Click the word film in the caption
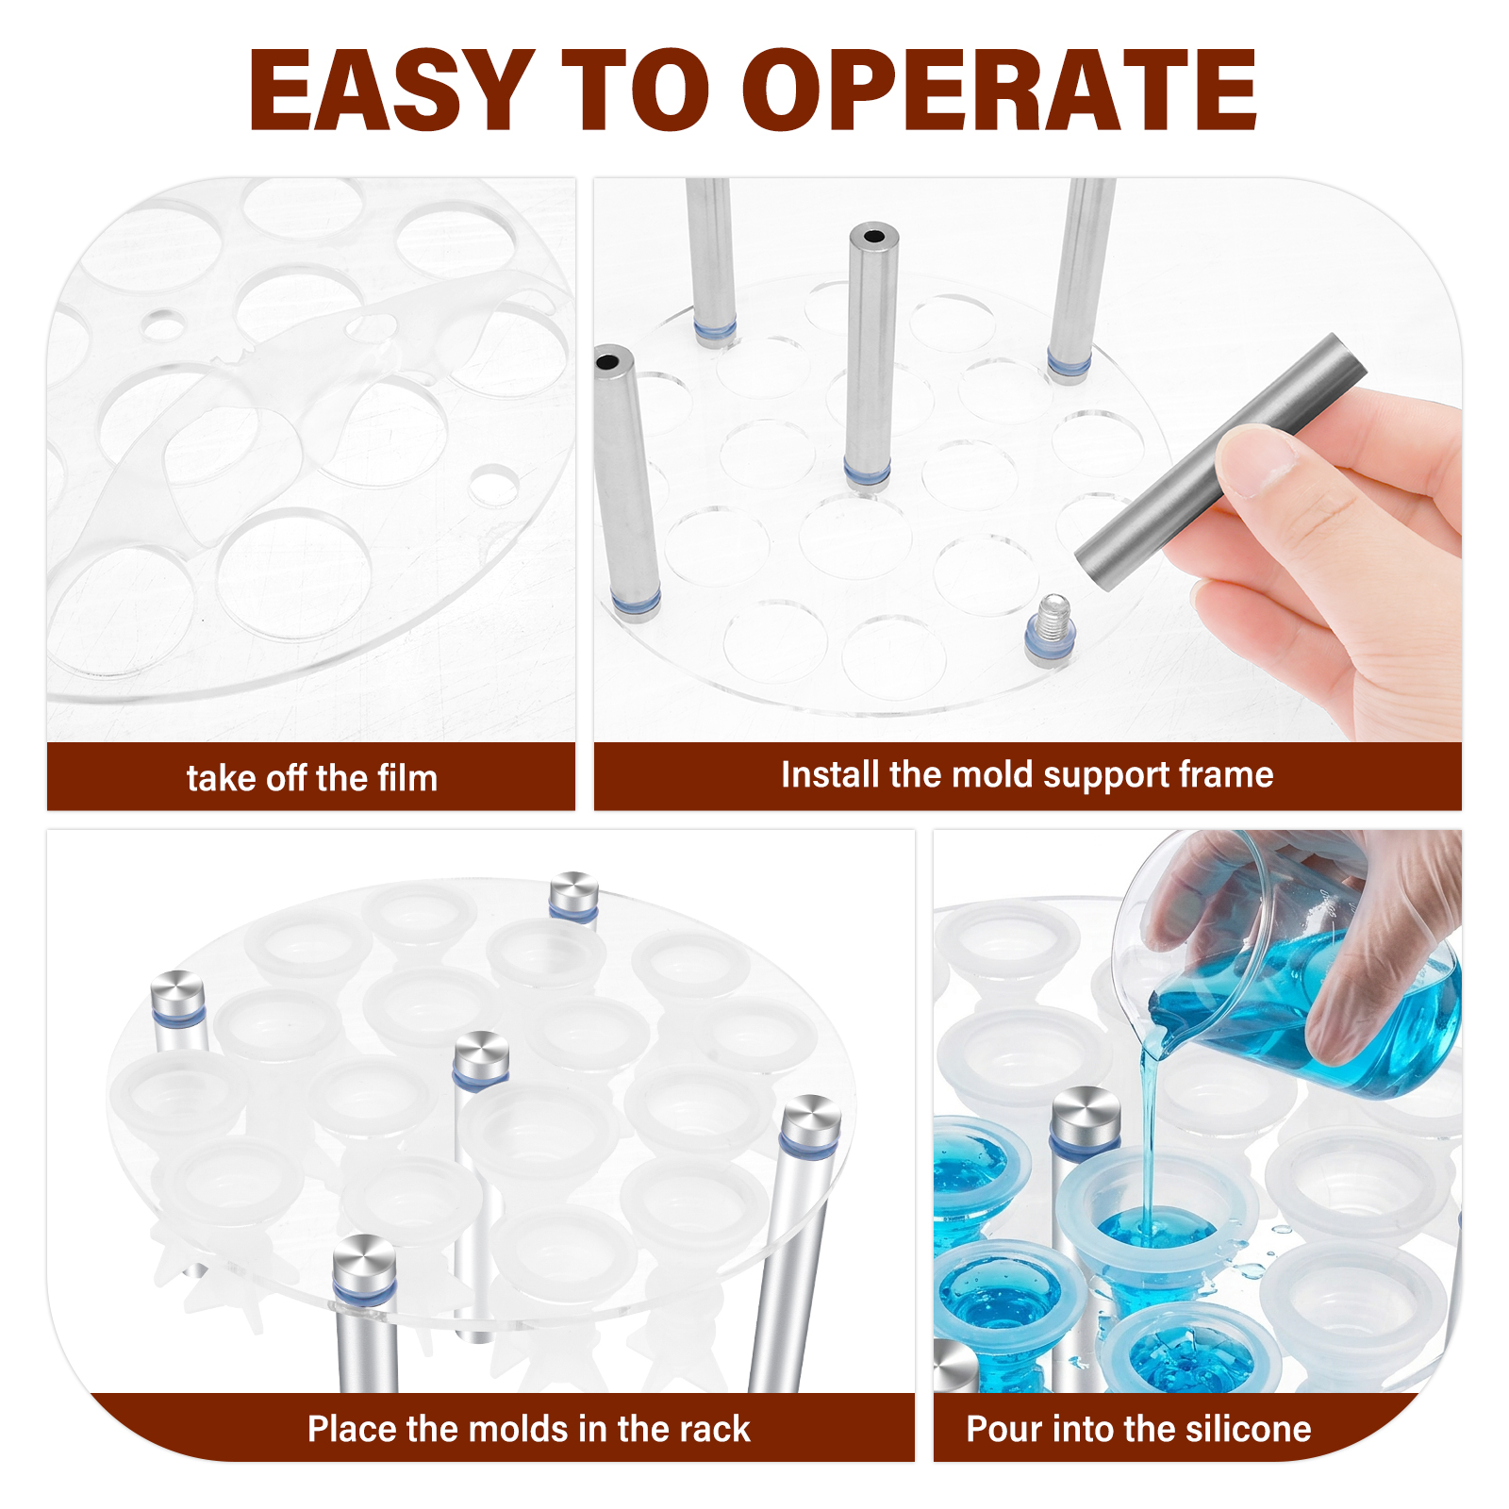click(407, 777)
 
